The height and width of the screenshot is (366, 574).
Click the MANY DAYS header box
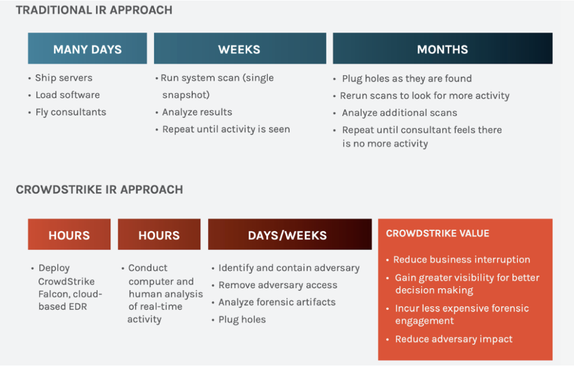coord(87,49)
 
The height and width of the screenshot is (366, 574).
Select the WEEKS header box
coord(239,49)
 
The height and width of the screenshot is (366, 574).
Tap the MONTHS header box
coord(442,49)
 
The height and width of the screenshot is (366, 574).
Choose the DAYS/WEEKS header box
coord(289,234)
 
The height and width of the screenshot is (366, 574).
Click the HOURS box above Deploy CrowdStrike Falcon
coord(69,234)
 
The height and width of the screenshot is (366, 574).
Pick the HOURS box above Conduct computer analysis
coord(159,234)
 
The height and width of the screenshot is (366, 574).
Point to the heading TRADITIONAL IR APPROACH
coord(94,10)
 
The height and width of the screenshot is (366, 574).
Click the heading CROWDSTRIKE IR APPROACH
coord(99,189)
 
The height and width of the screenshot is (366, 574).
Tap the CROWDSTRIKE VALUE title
coord(438,233)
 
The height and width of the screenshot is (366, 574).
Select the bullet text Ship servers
coord(63,78)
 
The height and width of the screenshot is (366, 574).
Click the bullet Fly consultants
coord(71,112)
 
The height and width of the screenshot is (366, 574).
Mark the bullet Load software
coord(67,95)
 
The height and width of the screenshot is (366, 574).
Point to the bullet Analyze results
coord(197,112)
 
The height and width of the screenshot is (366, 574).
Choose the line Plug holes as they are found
coord(407,78)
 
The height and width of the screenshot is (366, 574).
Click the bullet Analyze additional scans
coord(399,113)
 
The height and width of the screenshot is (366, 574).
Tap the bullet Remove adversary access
coord(277,285)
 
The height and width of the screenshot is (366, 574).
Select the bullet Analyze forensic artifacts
coord(277,302)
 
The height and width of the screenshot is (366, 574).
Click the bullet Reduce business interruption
coord(461,260)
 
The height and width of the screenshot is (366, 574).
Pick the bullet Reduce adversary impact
coord(453,339)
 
